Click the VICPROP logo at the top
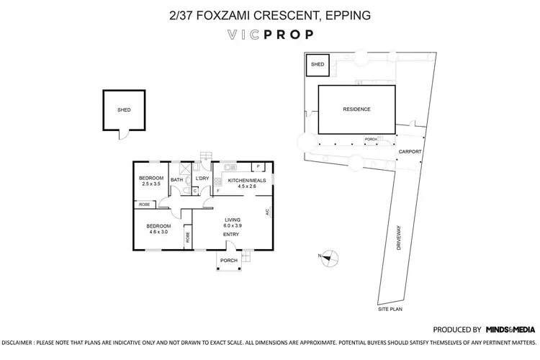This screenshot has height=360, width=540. click(x=270, y=33)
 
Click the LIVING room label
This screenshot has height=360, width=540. click(x=232, y=219)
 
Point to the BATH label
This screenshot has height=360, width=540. click(x=176, y=179)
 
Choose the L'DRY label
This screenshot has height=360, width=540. click(x=202, y=179)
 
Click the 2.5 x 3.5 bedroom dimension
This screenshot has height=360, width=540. click(x=151, y=185)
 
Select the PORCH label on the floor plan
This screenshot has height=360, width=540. click(x=229, y=261)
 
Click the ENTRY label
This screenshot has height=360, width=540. click(x=231, y=235)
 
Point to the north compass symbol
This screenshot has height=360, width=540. click(x=329, y=256)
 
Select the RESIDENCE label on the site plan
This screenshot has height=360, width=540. click(x=356, y=109)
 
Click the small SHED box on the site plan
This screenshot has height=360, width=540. click(x=318, y=65)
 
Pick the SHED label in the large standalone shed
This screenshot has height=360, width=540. click(x=125, y=110)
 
